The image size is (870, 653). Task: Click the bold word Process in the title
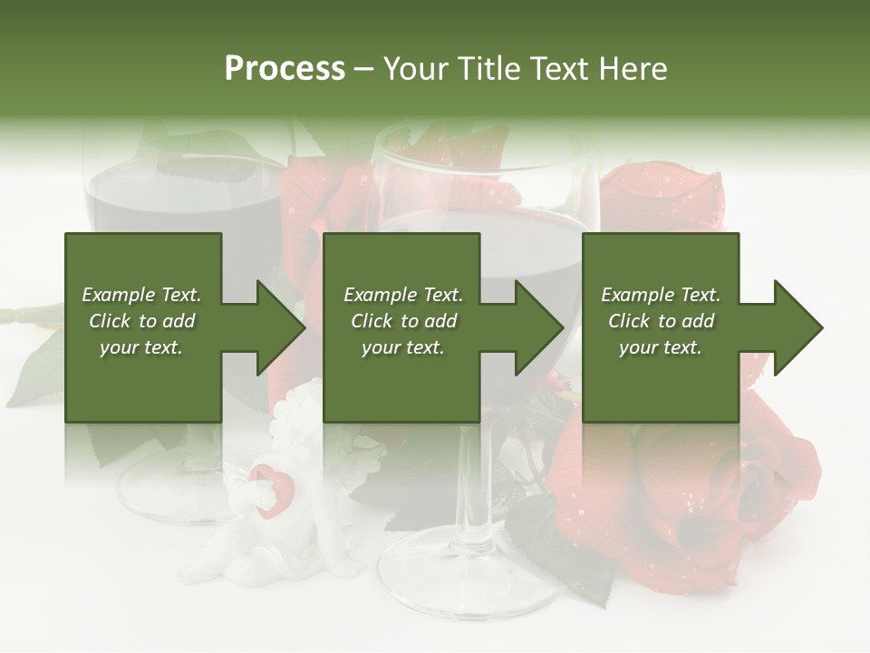tap(285, 69)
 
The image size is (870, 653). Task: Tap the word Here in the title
tap(631, 69)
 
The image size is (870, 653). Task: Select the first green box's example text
tap(142, 321)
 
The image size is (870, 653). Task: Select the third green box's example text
tap(661, 321)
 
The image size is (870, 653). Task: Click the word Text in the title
tap(560, 69)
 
